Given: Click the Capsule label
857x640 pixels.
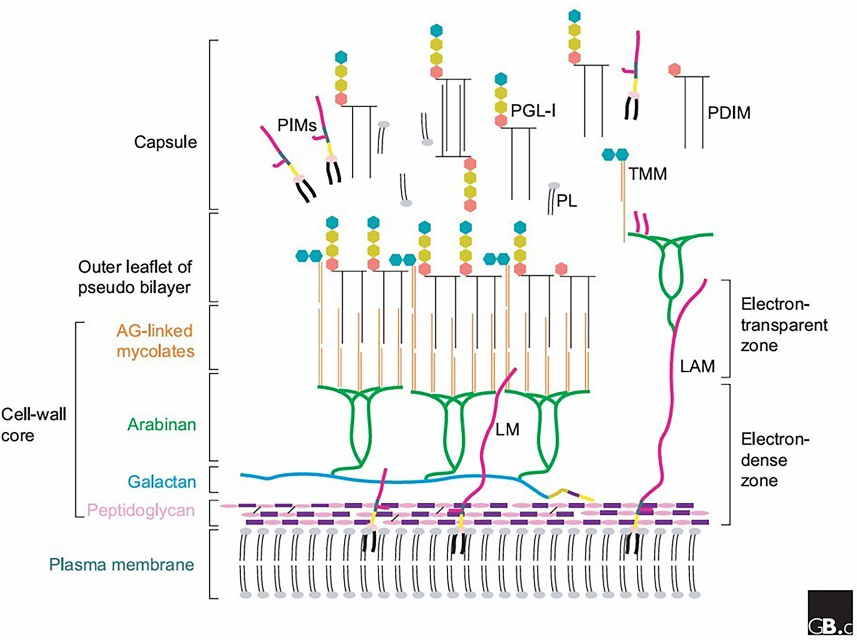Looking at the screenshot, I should coord(165,142).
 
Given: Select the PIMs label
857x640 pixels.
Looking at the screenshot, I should coord(297,125).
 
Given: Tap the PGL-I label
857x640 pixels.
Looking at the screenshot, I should coord(533,110).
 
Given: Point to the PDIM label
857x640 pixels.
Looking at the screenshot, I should coord(729,113).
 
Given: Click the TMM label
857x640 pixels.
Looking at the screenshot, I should coord(648,174).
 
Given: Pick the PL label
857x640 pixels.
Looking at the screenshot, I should coord(567,201).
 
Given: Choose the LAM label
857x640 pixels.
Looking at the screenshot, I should coord(697,367).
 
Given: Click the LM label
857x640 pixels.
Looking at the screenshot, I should coord(507,429).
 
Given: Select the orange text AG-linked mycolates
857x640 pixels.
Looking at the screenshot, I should coord(155,341).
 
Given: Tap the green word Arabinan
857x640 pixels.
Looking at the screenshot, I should coord(162,425).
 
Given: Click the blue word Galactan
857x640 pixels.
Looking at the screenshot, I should coord(162,482).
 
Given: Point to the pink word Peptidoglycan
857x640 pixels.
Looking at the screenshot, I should coord(140,511).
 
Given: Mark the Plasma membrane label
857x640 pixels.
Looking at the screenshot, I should coord(122,564).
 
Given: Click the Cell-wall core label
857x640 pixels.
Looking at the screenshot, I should coord(34,425).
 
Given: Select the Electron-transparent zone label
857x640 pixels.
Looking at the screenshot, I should coord(783,325).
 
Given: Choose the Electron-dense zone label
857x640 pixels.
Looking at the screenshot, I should coord(774,460).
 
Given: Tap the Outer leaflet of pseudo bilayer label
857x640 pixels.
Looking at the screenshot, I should coord(135,277).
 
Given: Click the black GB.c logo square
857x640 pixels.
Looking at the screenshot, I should coord(830,613).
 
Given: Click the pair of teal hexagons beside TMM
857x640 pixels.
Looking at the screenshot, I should coord(615,154).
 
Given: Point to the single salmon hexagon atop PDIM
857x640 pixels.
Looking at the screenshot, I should coord(674,70).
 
